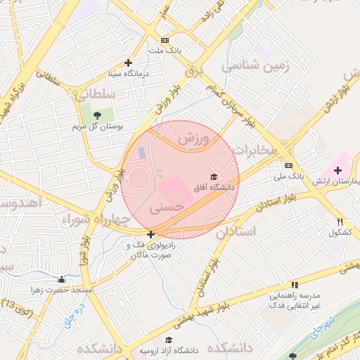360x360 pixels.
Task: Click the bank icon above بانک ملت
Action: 165,40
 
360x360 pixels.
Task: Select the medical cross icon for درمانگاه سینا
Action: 127,63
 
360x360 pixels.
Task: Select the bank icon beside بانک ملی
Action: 288,165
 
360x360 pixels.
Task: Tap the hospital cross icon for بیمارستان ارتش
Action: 337,170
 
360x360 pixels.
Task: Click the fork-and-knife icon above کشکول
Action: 341,221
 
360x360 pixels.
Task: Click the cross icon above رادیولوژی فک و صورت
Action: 150,234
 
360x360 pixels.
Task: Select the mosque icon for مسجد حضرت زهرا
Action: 62,278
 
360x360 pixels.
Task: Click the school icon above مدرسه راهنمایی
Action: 295,285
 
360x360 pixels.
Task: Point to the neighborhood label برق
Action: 193,72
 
